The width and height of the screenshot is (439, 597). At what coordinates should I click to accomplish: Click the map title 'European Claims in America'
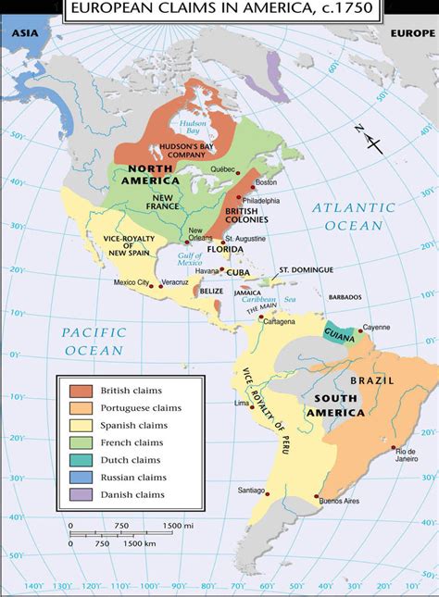[x=219, y=8]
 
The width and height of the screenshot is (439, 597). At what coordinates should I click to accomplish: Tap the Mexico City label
[x=132, y=281]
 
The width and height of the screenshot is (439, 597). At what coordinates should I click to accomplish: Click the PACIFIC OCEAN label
[x=93, y=342]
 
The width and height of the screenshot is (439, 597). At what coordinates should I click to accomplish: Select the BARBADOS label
[x=343, y=297]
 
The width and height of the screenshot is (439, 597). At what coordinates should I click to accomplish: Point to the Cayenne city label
[x=376, y=327]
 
